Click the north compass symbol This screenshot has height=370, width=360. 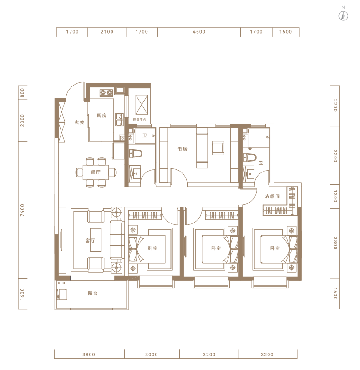343,15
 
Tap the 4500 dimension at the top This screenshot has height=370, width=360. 199,32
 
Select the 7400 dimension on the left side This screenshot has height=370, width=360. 22,210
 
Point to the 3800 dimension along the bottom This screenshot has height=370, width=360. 89,355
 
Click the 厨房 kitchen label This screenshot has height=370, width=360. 101,116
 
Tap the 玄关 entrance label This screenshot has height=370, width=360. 80,122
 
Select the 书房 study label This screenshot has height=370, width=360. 183,149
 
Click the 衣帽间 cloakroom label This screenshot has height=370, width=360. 273,196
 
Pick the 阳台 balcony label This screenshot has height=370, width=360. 92,293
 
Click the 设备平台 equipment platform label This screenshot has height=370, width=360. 140,120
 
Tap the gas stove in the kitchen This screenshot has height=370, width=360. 106,93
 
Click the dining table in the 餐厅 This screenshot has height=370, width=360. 96,172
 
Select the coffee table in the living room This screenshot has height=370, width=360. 96,240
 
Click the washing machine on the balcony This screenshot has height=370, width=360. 62,294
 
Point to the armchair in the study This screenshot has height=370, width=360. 218,148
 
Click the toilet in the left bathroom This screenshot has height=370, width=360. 136,153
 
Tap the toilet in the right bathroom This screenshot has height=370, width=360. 250,157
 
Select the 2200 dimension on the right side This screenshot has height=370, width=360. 335,105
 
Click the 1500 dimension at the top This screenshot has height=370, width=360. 285,32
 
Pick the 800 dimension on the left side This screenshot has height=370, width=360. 22,93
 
